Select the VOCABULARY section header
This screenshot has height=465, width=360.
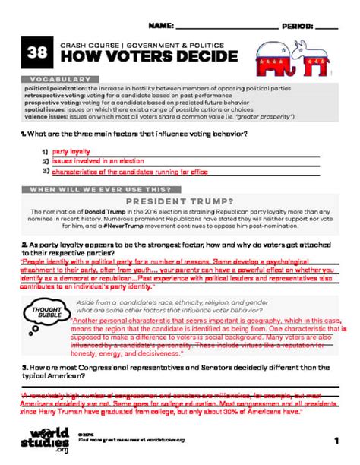pos(58,79)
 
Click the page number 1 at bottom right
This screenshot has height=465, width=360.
pos(335,441)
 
